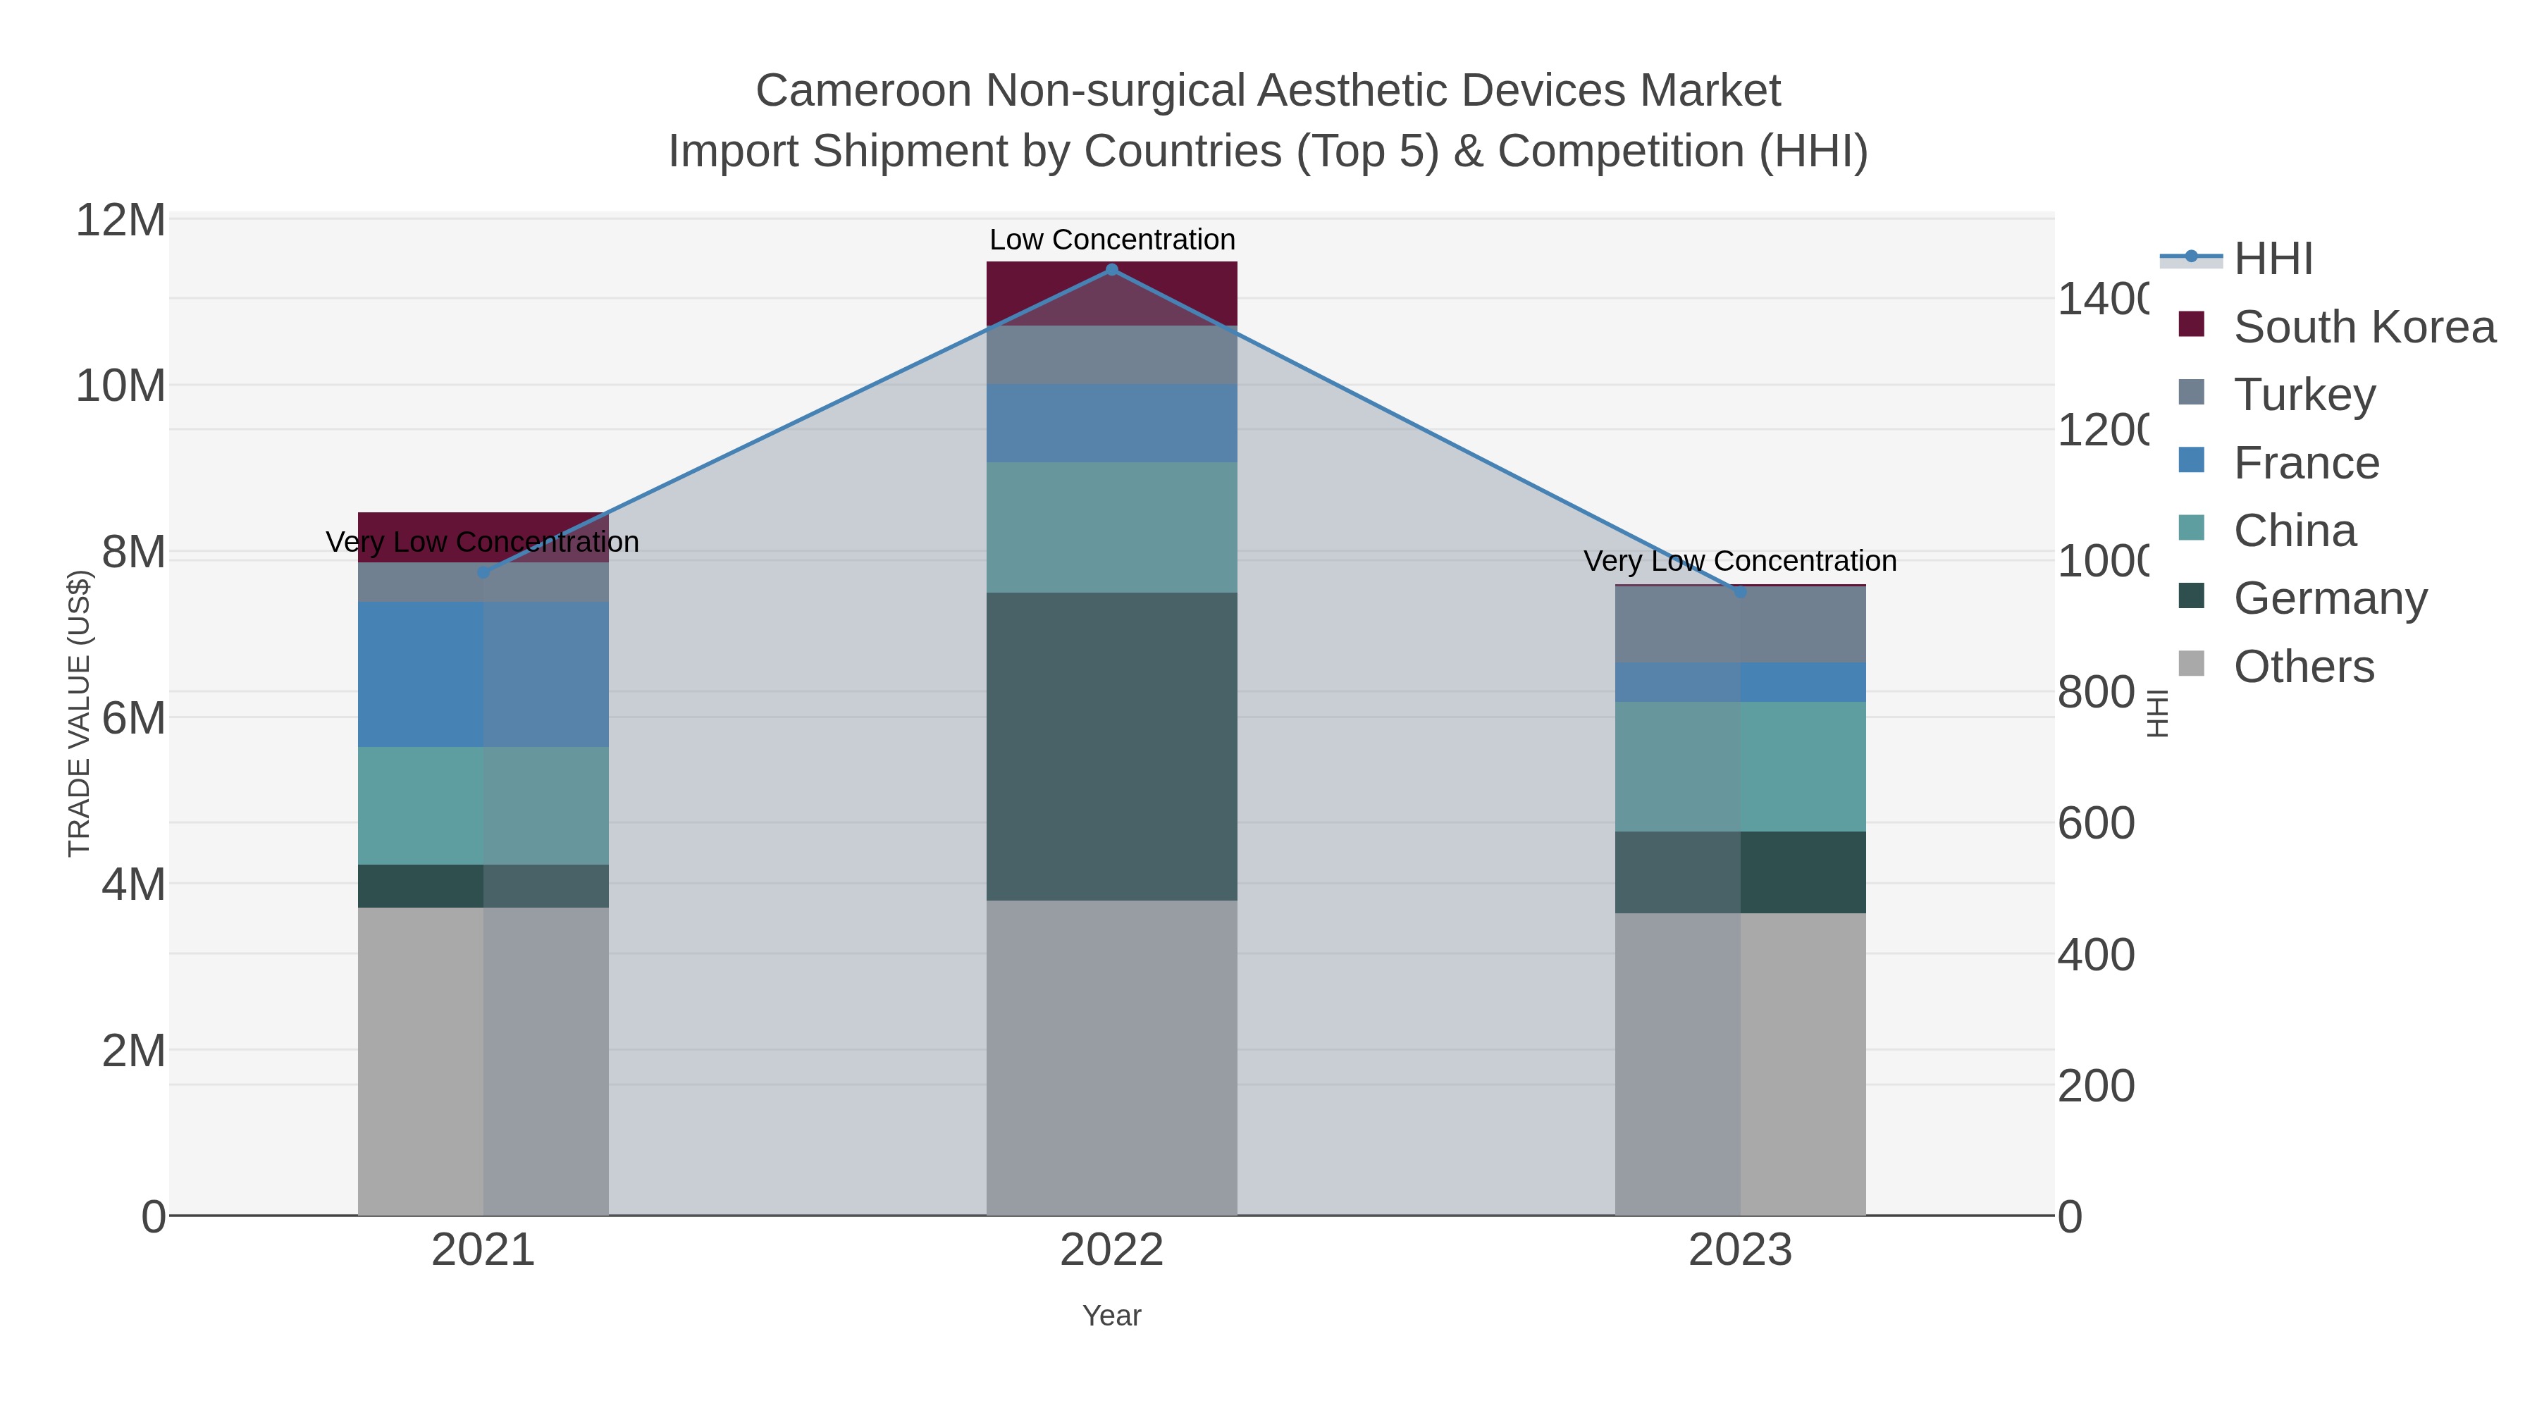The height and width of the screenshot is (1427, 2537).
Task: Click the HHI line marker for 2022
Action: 1112,270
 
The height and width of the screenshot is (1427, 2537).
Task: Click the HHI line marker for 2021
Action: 483,572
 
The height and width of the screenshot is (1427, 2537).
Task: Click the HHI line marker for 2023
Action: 1740,592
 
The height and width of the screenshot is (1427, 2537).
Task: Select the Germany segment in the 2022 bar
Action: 1112,746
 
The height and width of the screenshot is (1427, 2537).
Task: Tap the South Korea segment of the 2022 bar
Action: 1112,293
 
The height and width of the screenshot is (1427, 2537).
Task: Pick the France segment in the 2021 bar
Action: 483,674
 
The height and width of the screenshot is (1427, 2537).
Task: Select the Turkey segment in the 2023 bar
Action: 1740,624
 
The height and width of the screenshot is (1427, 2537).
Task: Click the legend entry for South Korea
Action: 2364,327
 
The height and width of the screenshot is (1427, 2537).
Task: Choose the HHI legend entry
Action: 2273,259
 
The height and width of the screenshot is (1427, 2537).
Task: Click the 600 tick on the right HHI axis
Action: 2096,823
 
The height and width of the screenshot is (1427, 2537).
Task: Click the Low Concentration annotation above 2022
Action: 1112,240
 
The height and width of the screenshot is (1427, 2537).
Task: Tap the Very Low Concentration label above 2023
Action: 1740,562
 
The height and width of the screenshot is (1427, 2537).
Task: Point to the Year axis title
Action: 1112,1316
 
